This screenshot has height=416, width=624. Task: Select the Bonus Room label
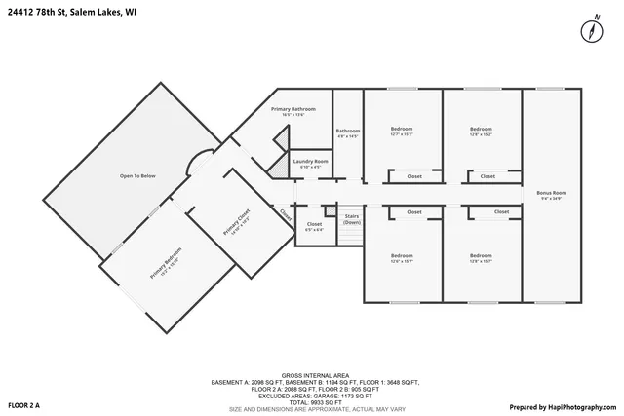click(x=551, y=194)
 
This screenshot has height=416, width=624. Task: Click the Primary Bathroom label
click(x=293, y=110)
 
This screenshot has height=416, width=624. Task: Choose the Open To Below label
click(x=137, y=175)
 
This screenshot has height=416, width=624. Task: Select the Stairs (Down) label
click(x=351, y=219)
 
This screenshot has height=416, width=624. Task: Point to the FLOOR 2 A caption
click(x=24, y=404)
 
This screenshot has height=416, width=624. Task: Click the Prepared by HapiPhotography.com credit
click(x=563, y=404)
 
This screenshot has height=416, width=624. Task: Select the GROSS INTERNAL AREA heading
click(x=311, y=375)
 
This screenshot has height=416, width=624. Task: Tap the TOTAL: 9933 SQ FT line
click(x=311, y=401)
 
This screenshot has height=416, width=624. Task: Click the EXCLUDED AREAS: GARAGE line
click(x=311, y=395)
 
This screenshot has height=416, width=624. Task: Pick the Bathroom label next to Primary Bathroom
click(x=348, y=132)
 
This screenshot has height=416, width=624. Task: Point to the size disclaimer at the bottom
click(x=311, y=408)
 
